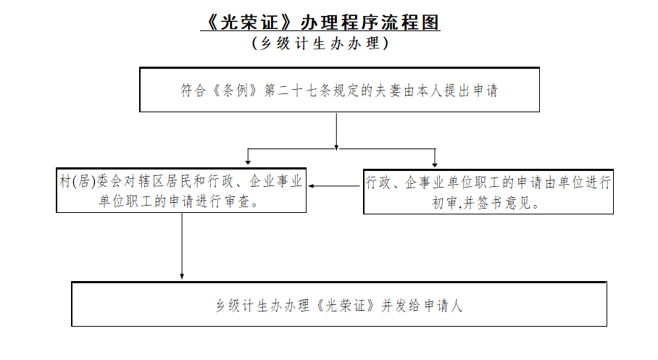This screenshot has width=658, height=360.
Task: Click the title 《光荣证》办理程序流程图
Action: tap(320, 22)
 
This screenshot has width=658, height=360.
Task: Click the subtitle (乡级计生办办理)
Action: tap(320, 43)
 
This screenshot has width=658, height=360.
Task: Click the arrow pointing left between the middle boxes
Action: tap(334, 186)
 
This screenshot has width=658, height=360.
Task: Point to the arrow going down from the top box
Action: tap(336, 131)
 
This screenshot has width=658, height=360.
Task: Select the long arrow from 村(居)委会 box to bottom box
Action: tap(182, 246)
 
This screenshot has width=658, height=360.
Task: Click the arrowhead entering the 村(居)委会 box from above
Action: tap(248, 162)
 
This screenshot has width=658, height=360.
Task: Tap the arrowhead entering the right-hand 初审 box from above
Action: tap(435, 164)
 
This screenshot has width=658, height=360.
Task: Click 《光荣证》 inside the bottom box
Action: tap(346, 305)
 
